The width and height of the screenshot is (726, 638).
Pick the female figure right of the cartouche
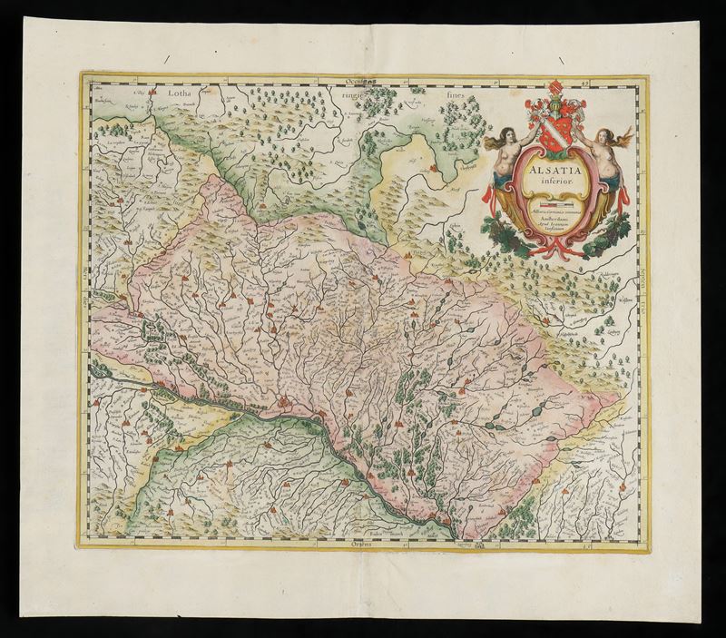(600, 154)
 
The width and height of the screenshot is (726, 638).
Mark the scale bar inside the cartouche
(550, 205)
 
